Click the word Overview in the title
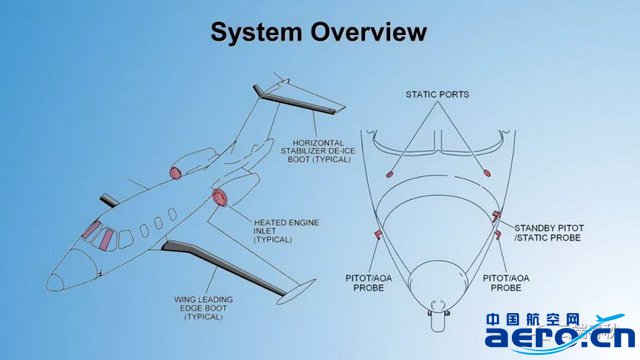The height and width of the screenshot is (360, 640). (369, 31)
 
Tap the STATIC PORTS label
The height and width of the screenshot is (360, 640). (437, 94)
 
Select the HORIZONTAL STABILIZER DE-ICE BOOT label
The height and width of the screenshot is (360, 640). (318, 151)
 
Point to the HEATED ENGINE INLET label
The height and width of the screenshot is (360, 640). (286, 231)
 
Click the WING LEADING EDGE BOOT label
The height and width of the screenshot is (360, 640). (203, 308)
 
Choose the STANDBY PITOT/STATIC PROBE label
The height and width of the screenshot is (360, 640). (548, 233)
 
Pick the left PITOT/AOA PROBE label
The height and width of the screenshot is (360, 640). (369, 283)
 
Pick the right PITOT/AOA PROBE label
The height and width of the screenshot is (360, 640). (506, 283)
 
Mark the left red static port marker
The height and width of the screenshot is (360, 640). (389, 175)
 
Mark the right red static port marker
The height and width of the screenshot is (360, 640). (487, 173)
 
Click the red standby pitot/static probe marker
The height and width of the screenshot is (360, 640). (496, 216)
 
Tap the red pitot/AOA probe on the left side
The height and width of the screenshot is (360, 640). (378, 234)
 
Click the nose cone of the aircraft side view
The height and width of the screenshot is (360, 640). (55, 282)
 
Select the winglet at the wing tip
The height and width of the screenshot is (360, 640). (296, 291)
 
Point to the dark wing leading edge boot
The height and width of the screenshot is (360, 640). (223, 267)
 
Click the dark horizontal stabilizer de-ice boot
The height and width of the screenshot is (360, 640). (298, 99)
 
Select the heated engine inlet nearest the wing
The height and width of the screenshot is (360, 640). (220, 198)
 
